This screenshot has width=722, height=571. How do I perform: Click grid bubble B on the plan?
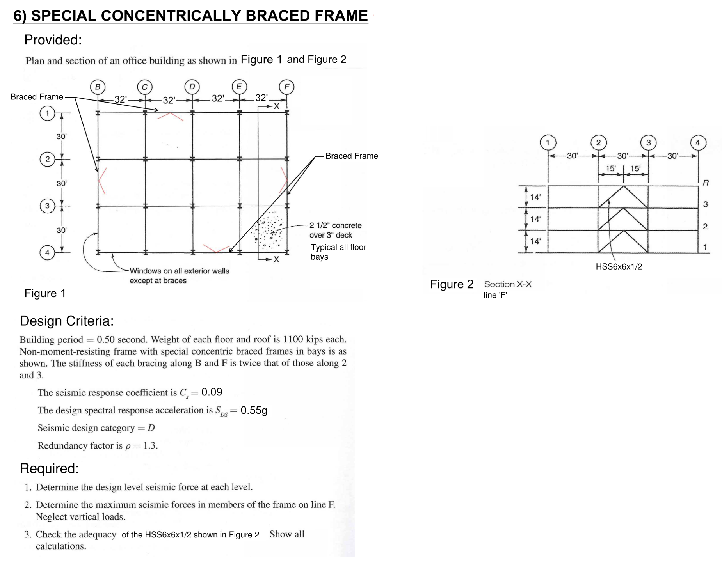point(98,87)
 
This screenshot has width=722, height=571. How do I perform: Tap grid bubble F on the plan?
point(287,87)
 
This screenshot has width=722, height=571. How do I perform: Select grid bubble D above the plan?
point(192,87)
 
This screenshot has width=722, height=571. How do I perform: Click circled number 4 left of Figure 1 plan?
point(47,252)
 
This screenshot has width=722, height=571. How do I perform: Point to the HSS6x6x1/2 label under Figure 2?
point(619,267)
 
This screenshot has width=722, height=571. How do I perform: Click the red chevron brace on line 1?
point(170,116)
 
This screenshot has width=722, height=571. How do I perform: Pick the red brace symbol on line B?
point(101,181)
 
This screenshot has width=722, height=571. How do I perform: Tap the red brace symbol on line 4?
point(216,249)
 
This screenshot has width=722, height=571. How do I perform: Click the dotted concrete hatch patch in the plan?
point(269,231)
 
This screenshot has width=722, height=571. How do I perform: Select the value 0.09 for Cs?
point(212,392)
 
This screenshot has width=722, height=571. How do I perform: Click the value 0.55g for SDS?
point(254,410)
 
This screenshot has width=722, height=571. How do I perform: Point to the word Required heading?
point(49,468)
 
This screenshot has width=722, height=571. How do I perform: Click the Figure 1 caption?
point(45,293)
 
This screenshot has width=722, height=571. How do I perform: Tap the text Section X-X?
point(508,284)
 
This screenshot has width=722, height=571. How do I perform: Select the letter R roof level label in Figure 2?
point(706,183)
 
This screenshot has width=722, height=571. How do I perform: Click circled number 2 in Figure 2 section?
point(598,142)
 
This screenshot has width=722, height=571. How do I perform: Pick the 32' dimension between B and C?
point(121,99)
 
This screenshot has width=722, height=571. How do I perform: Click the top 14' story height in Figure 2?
point(535,197)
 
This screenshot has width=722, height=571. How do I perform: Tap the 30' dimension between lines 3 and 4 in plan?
point(61,230)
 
